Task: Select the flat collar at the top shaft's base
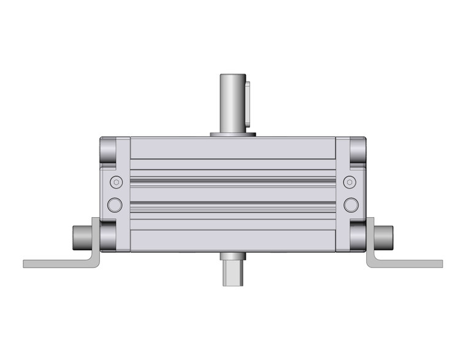tap(232, 134)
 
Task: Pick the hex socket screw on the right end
tap(349, 182)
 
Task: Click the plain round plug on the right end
tap(349, 204)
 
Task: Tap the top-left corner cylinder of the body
tap(108, 150)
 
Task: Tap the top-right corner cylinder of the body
tap(358, 150)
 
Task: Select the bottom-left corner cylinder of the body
tap(109, 236)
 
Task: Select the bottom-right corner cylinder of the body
tap(358, 236)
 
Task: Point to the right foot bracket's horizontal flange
tap(411, 264)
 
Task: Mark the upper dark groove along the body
tap(232, 180)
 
